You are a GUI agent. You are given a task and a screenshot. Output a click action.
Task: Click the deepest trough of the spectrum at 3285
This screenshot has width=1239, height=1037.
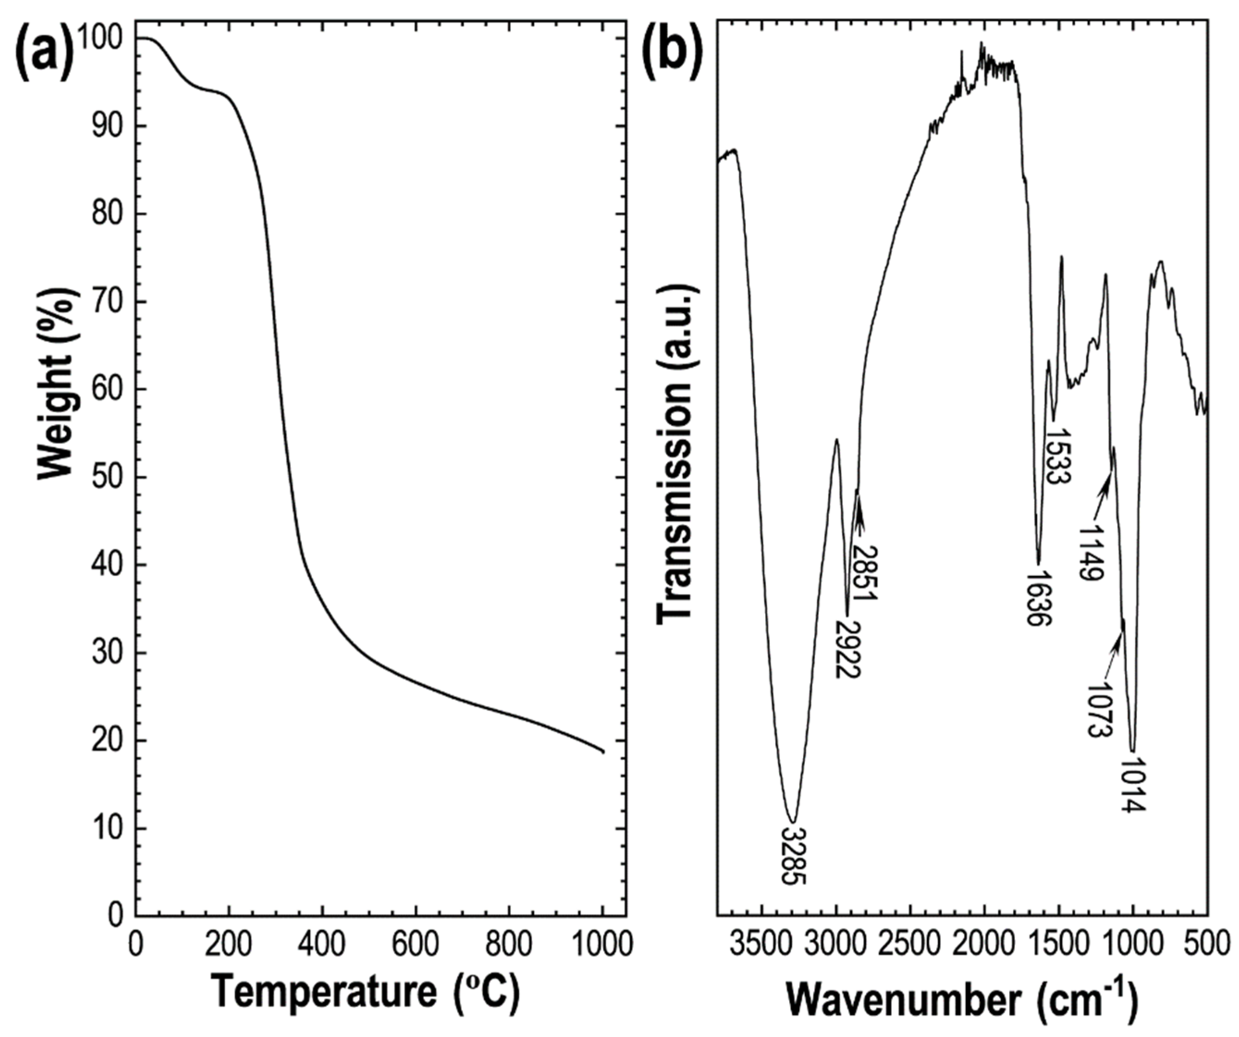(x=793, y=820)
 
